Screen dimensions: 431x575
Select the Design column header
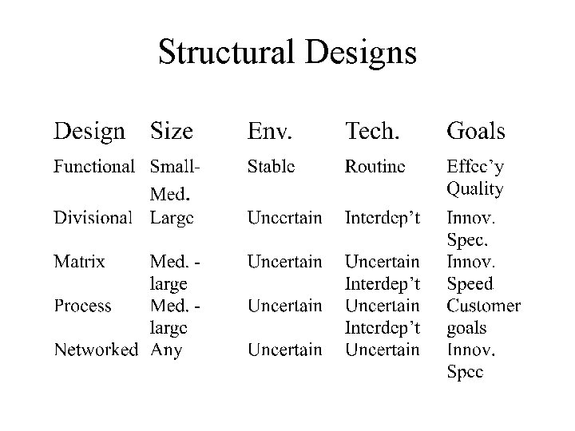point(89,130)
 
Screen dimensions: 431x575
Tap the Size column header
point(172,130)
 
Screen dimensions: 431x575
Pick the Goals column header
point(476,130)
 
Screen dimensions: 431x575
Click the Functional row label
point(94,167)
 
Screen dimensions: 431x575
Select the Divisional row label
point(93,217)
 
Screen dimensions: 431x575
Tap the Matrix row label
point(79,261)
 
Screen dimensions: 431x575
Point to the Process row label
point(83,305)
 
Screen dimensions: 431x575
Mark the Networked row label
point(96,349)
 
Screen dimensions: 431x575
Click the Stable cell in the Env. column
point(271,167)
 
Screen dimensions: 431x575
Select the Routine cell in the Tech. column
point(375,167)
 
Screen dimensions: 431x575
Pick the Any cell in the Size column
point(166,350)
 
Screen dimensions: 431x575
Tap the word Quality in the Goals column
point(475,189)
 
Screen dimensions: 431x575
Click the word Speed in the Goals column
point(470,283)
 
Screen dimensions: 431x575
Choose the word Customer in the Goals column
point(484,305)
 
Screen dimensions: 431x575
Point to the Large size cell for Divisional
point(171,217)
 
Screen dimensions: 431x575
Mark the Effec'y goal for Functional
point(474,167)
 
